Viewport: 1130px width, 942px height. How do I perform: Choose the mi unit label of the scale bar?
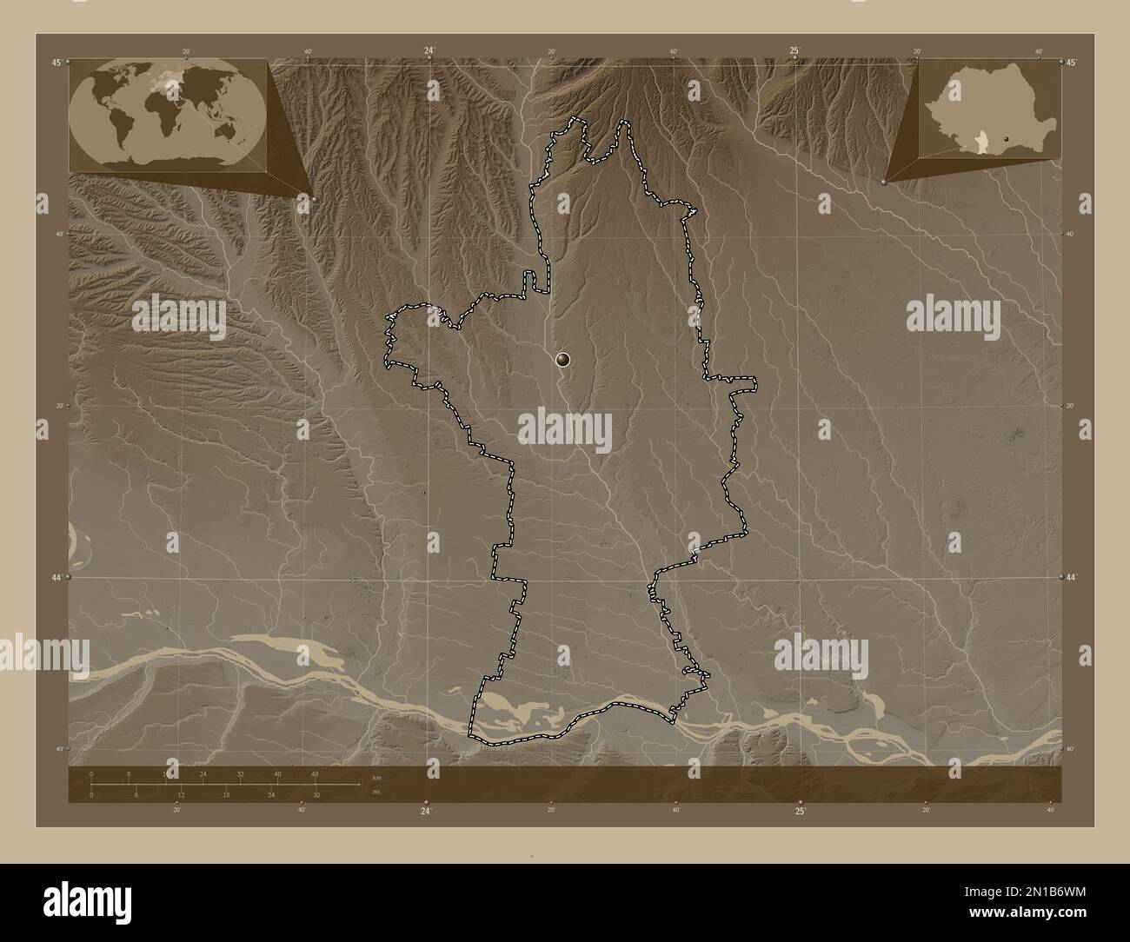coord(376,792)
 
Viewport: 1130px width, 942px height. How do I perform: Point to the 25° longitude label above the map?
coord(794,50)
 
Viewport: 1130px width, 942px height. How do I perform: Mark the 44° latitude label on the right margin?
coord(1071,577)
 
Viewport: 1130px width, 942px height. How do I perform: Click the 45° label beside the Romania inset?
coord(1071,63)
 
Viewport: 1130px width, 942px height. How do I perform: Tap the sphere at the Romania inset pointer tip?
coord(884,182)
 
